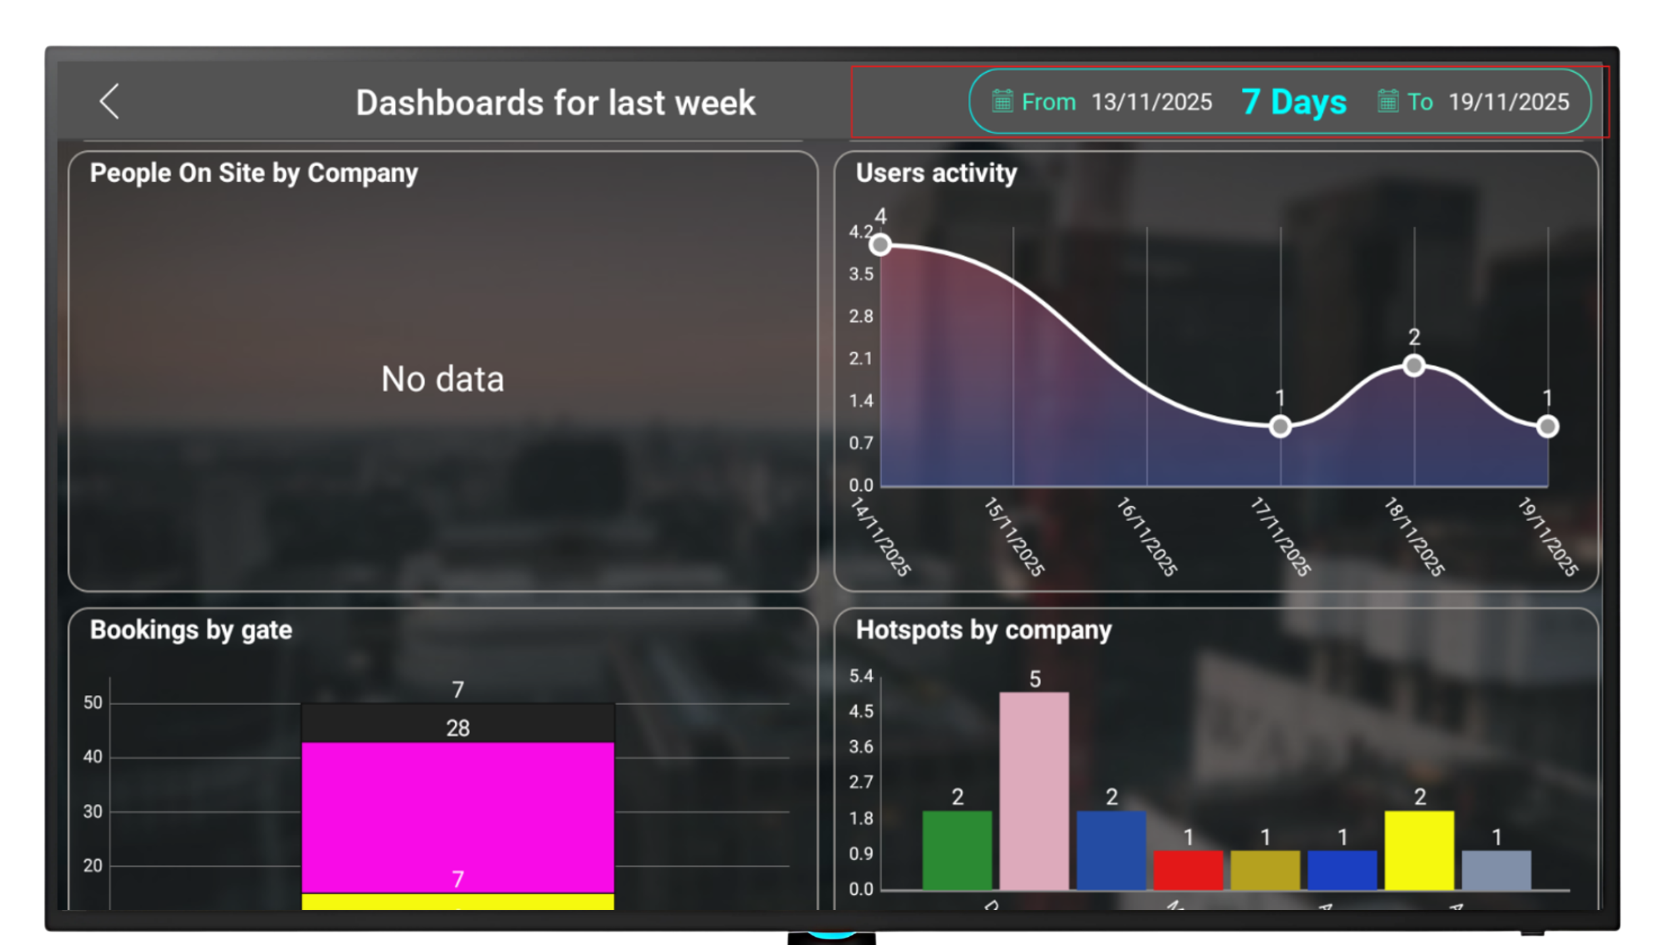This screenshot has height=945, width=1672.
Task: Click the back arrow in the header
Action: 110,102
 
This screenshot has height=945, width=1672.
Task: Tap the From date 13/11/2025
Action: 1151,102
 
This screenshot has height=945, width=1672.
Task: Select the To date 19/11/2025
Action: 1508,102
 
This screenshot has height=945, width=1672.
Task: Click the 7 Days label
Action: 1294,102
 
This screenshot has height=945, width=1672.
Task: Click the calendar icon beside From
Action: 1002,101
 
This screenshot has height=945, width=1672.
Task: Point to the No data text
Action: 442,379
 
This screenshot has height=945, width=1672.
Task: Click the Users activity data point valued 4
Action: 880,245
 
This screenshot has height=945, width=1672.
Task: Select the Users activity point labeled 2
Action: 1414,366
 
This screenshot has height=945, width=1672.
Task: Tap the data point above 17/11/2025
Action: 1280,427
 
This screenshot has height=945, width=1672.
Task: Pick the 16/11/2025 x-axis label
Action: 1146,537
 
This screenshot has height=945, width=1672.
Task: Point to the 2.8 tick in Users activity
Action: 861,316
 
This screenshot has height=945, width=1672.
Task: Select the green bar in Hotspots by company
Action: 957,850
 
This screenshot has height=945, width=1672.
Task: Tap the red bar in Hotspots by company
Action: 1188,870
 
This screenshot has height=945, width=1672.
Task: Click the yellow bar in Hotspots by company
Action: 1419,850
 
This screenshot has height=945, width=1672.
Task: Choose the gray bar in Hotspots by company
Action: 1496,870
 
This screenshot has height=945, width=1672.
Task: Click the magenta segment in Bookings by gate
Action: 458,818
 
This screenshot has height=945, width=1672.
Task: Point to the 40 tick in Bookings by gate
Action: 93,757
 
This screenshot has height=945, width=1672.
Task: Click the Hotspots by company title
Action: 983,630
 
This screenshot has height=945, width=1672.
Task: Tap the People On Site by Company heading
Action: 254,173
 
